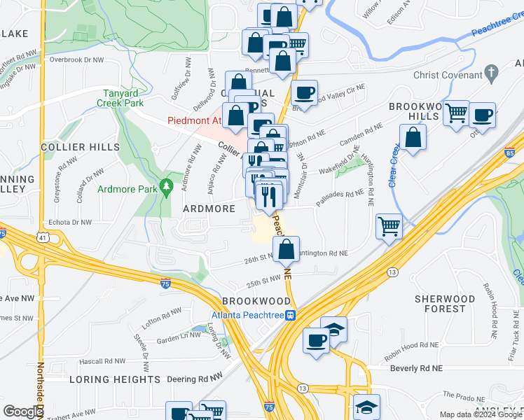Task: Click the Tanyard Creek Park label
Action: (121, 97)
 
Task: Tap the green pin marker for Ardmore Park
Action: (166, 188)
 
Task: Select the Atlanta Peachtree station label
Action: (248, 314)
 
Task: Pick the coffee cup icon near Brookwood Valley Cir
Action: (304, 92)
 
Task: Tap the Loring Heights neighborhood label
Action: (115, 379)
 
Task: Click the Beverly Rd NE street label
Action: (416, 367)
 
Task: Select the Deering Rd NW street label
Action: (200, 379)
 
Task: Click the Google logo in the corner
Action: (23, 412)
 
